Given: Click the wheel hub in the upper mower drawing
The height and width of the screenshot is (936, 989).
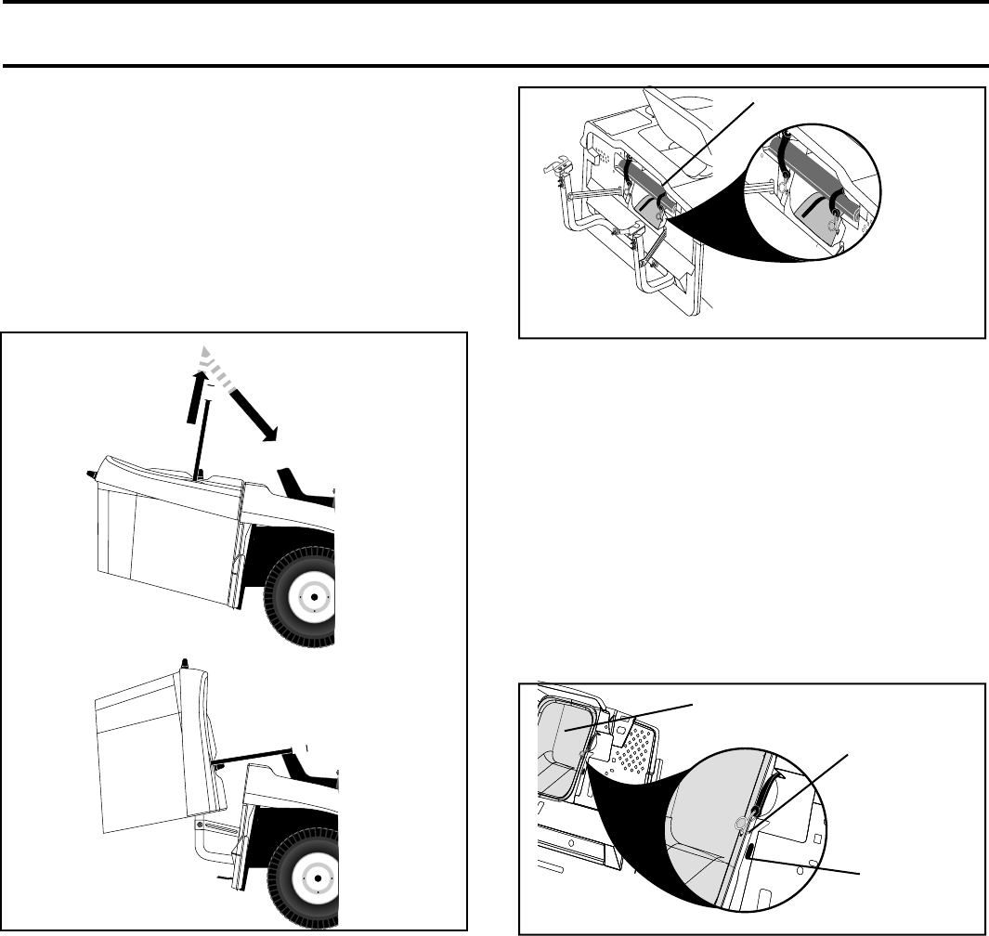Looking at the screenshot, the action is click(x=315, y=597).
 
